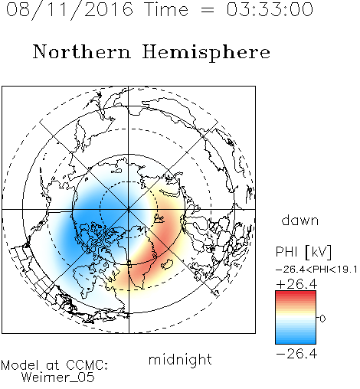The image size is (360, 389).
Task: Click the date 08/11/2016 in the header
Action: point(70,10)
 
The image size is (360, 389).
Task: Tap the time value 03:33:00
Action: point(270,9)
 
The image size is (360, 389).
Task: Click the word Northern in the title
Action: point(82,51)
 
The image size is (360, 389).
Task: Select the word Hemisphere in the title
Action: point(206,53)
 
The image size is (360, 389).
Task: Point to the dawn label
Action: point(300,220)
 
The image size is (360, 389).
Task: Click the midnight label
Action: point(180,359)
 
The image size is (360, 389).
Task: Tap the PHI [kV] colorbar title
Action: point(303,252)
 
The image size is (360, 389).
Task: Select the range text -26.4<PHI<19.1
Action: point(316,270)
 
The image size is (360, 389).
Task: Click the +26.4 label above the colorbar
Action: point(297,284)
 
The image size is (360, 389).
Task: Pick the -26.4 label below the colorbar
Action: point(297,354)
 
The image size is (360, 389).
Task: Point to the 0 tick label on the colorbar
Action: point(322,319)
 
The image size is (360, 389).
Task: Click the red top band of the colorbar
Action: point(296,294)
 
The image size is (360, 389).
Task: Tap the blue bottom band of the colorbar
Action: point(296,340)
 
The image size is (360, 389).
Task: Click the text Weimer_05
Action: point(58,378)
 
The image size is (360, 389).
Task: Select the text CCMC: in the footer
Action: point(87,365)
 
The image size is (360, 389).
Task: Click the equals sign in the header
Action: point(208,10)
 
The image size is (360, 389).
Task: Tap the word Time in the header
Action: point(166,9)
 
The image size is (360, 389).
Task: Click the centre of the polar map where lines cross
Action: point(129,209)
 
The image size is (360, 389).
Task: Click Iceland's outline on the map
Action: point(168,264)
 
